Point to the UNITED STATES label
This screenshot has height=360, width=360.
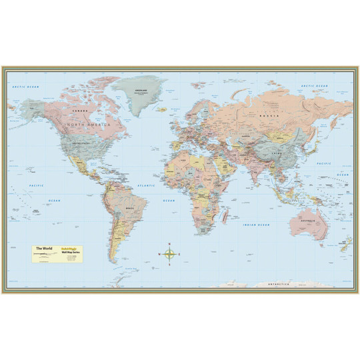tap(79, 143)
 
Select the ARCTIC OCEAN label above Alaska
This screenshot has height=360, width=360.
tap(27, 87)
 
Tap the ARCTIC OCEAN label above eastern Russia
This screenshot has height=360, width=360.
tap(315, 87)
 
